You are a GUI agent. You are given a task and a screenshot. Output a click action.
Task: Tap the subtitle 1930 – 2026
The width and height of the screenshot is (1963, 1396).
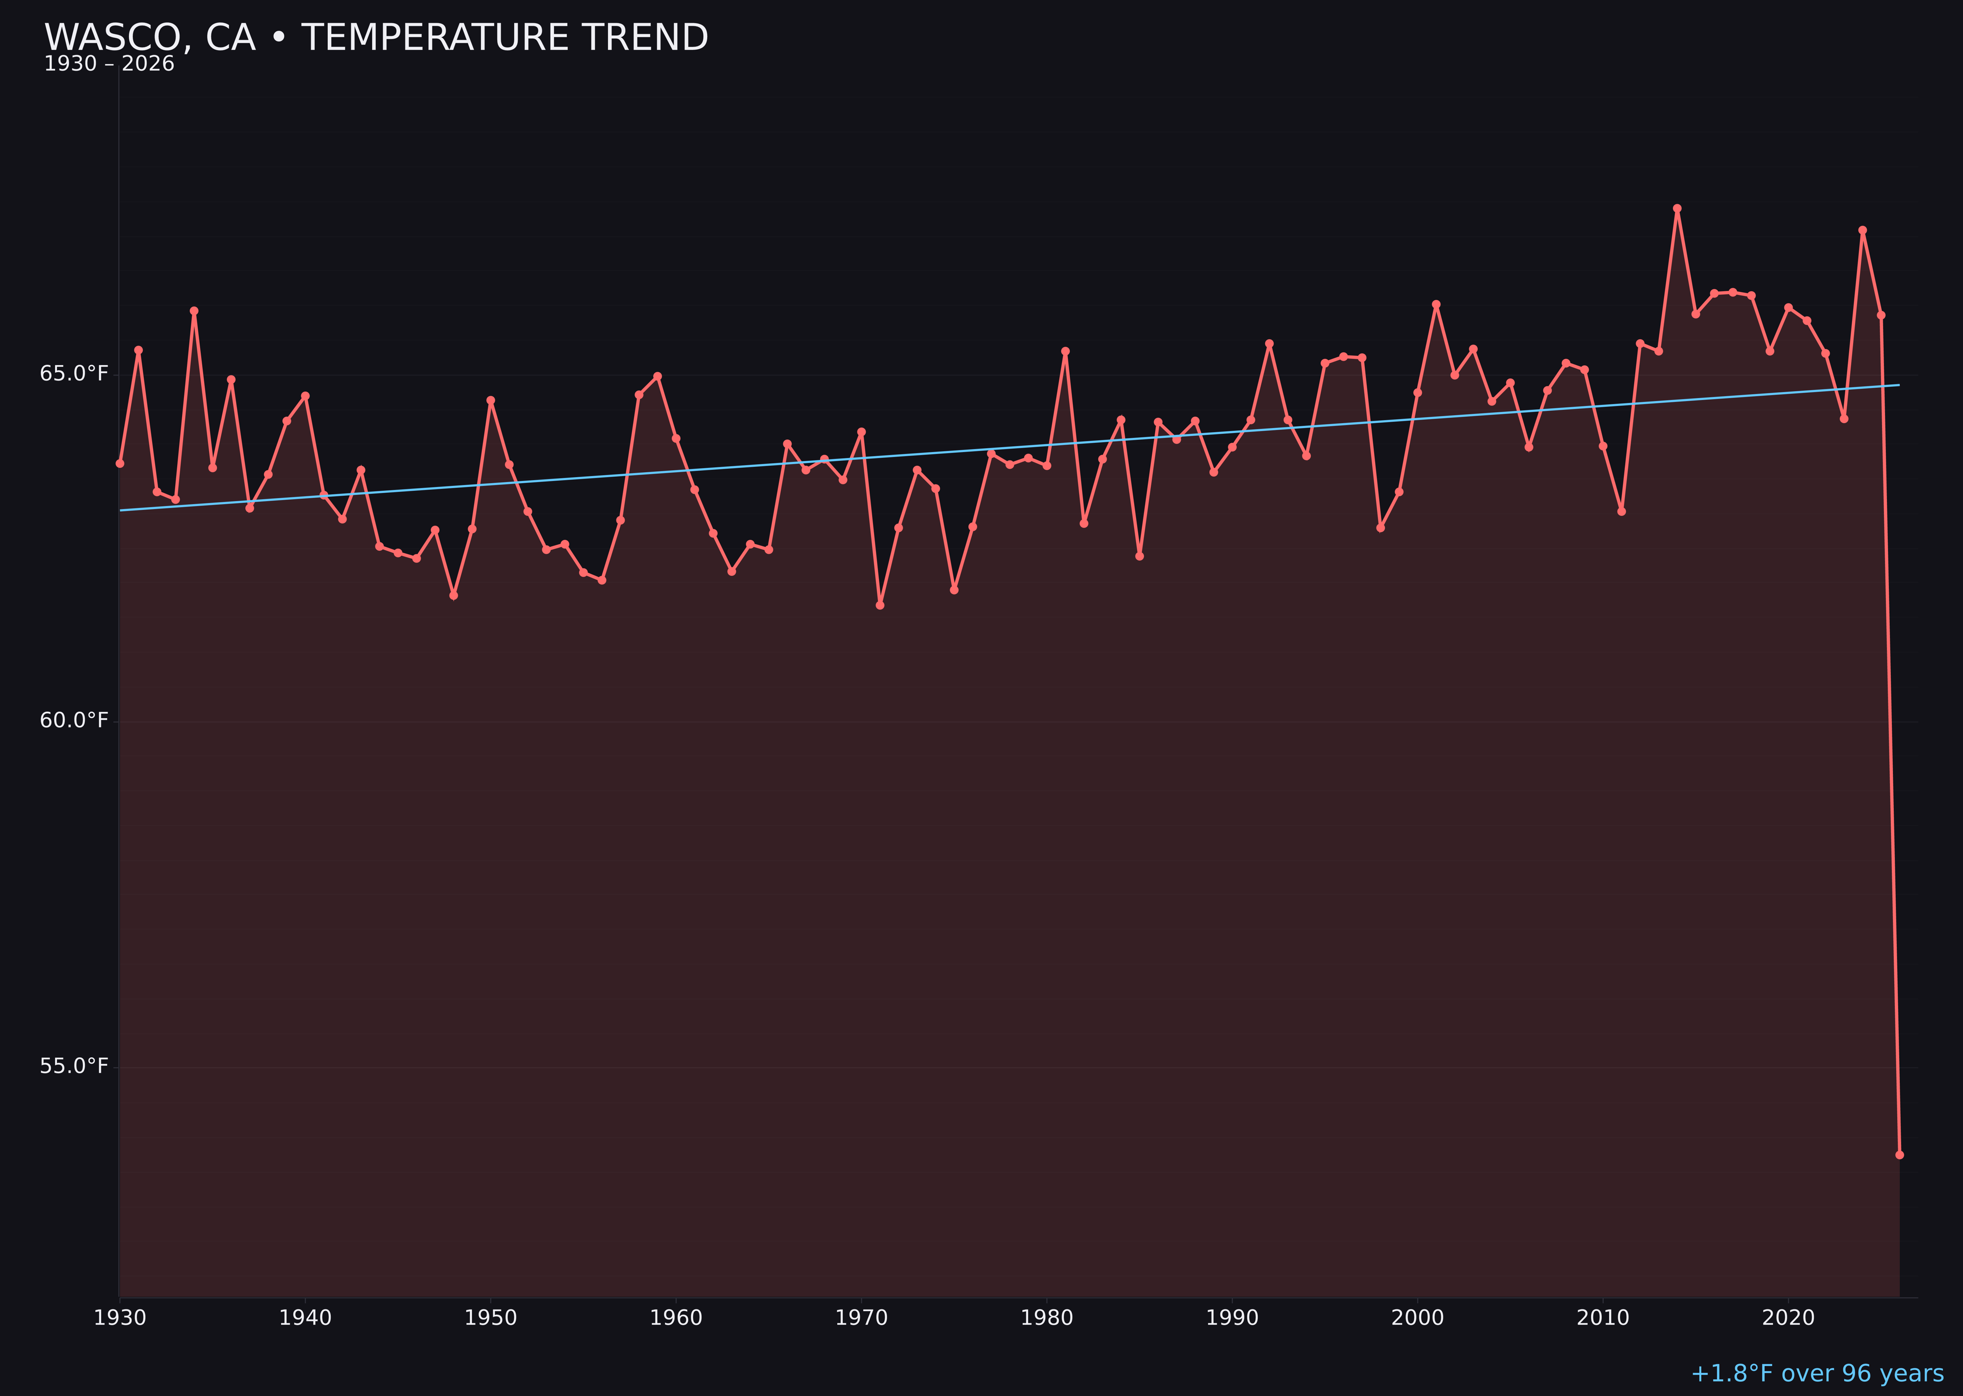coord(109,64)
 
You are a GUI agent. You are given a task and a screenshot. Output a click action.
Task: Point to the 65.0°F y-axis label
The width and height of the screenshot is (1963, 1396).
coord(74,374)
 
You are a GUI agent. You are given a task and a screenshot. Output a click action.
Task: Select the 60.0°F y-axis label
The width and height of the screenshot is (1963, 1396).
coord(74,721)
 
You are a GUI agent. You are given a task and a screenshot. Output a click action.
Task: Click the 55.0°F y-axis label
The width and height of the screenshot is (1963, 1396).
coord(74,1067)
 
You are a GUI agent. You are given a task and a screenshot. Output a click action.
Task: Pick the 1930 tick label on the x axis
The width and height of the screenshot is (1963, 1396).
coord(119,1318)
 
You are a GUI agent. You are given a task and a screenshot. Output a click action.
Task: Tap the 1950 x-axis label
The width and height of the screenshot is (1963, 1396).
coord(491,1318)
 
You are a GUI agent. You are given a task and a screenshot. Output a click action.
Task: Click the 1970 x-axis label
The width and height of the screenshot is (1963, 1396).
coord(861,1318)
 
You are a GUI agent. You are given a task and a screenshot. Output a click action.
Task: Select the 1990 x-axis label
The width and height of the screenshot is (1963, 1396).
coord(1232,1318)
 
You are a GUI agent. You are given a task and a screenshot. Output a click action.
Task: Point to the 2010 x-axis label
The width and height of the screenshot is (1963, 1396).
coord(1603,1318)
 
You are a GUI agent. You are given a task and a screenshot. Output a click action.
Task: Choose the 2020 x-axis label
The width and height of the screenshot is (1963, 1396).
coord(1788,1318)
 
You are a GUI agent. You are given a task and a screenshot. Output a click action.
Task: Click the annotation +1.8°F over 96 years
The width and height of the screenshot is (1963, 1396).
coord(1817,1373)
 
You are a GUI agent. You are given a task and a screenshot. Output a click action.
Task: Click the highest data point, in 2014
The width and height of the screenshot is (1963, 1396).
coord(1677,208)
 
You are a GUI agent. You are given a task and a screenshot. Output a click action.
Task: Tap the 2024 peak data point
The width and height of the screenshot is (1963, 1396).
coord(1862,230)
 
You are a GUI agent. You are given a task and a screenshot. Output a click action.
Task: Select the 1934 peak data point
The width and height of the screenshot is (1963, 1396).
coord(194,311)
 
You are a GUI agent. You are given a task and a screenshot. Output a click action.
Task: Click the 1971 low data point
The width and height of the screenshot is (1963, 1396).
coord(880,605)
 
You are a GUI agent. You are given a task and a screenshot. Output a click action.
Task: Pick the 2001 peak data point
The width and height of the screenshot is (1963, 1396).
coord(1436,304)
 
